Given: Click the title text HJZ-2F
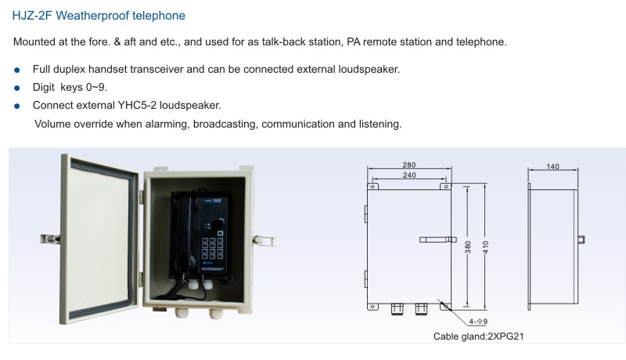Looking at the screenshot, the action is click(32, 16).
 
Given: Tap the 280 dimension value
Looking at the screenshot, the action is click(409, 165).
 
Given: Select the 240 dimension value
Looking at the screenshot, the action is click(409, 175).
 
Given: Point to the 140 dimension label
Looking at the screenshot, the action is click(553, 167).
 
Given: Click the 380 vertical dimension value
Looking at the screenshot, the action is click(468, 247).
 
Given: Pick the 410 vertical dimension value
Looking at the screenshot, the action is click(485, 247).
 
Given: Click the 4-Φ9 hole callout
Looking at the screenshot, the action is click(478, 322).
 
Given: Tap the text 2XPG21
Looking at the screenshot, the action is click(505, 337).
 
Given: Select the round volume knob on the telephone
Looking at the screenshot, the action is click(219, 224).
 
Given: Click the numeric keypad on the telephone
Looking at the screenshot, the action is click(212, 248).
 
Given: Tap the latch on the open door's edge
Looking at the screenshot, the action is click(50, 239).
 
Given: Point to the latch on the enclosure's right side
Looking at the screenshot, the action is click(264, 241).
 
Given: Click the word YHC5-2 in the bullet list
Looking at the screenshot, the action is click(137, 106).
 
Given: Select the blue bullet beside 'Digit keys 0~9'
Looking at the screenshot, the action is click(16, 88).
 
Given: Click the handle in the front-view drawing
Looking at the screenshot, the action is click(438, 239).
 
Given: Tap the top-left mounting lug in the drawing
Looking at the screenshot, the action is click(373, 186).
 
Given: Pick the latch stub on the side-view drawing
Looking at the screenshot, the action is click(581, 239).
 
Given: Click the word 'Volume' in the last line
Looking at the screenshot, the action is click(52, 124).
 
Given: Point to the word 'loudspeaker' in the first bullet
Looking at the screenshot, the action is click(369, 70).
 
